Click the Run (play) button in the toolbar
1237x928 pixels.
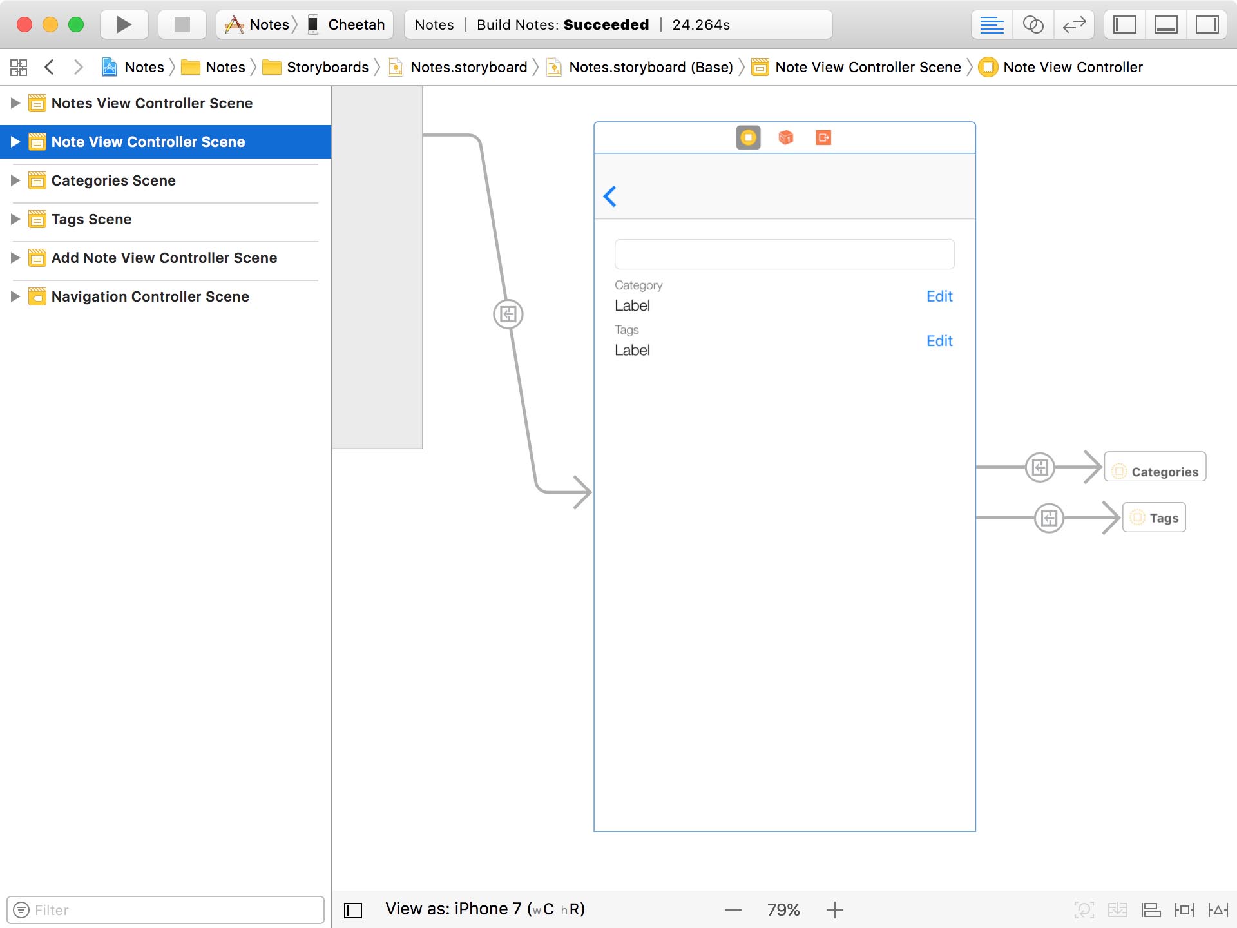click(124, 24)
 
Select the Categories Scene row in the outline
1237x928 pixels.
click(113, 180)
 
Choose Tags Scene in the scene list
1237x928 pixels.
click(91, 219)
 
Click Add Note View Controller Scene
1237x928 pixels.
click(164, 258)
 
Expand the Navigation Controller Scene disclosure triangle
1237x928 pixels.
click(15, 296)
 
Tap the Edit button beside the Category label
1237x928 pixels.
click(939, 296)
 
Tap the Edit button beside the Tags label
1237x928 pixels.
click(939, 341)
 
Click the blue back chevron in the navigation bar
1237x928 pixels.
click(610, 196)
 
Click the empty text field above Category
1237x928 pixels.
click(784, 255)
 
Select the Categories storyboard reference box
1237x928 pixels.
click(1155, 467)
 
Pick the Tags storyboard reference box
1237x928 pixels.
click(1154, 517)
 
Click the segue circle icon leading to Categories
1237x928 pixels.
click(1040, 467)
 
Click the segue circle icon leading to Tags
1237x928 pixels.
click(1049, 517)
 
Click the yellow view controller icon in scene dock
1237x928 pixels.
click(748, 137)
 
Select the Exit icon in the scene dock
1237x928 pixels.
click(823, 137)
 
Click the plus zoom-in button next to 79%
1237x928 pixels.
click(834, 910)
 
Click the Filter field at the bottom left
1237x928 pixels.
click(165, 910)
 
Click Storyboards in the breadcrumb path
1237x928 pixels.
click(327, 67)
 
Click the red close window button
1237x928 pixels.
click(24, 24)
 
